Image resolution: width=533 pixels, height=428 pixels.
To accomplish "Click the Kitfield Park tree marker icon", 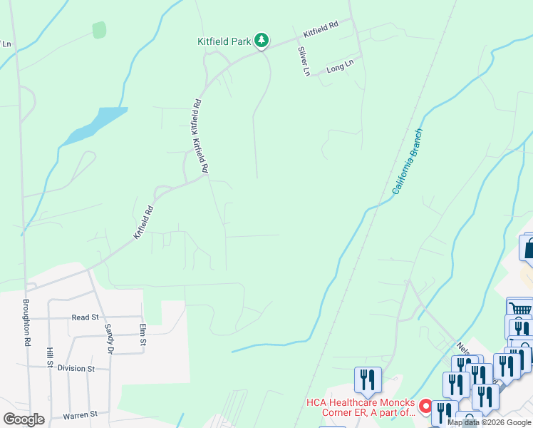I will click(x=262, y=41).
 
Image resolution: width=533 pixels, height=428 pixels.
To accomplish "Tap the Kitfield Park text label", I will click(x=224, y=41).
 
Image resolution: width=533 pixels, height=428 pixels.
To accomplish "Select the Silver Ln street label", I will click(x=304, y=61).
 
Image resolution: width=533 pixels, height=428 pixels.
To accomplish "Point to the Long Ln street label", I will click(x=340, y=68).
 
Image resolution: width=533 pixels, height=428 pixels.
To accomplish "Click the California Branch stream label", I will click(x=408, y=162).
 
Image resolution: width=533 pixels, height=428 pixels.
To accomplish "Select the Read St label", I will click(x=84, y=317).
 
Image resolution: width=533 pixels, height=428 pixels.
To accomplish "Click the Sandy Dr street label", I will click(x=109, y=339).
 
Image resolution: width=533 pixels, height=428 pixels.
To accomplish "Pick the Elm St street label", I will click(x=143, y=335).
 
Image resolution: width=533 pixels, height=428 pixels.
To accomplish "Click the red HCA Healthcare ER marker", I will click(x=425, y=407).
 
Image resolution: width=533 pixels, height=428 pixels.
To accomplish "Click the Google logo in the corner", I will click(x=24, y=419).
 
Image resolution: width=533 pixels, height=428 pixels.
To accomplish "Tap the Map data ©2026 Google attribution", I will click(x=489, y=422).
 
